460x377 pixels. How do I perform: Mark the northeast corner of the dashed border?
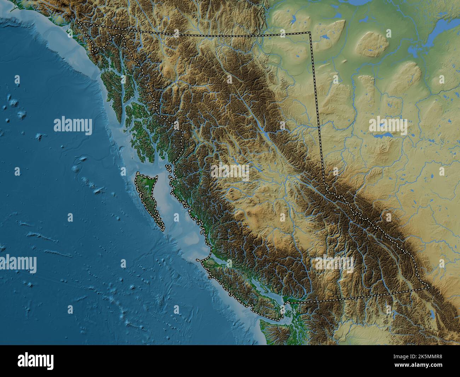pyautogui.click(x=310, y=32)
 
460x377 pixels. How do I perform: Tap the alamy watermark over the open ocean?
pyautogui.click(x=73, y=126)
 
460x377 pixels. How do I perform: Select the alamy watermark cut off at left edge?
pyautogui.click(x=18, y=263)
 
